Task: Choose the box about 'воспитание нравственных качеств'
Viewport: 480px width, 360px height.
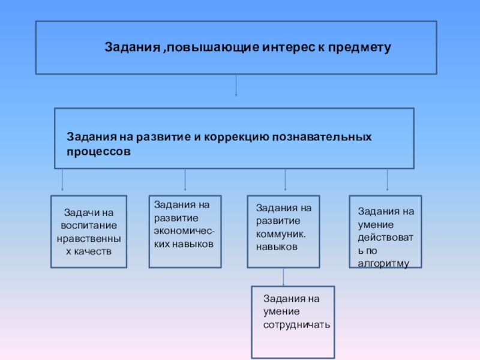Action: [89, 231]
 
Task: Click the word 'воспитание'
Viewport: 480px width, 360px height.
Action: [89, 225]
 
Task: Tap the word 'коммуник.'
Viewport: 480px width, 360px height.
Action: [280, 235]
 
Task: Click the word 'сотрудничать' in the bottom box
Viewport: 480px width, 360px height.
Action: [296, 325]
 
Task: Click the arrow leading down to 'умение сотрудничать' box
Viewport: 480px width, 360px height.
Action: [283, 277]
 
